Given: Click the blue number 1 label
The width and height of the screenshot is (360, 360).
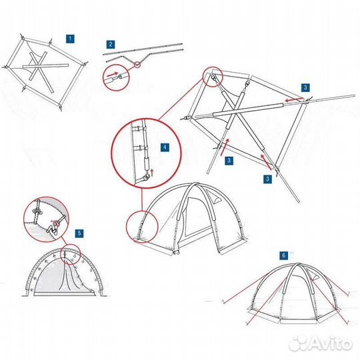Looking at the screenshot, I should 69,39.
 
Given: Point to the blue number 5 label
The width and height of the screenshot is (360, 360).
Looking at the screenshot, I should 79,233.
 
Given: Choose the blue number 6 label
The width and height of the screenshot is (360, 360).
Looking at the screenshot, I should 284,255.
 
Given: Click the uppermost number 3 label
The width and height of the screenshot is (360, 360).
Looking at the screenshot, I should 305,88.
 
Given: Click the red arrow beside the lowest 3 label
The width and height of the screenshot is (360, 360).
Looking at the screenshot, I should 265,160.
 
